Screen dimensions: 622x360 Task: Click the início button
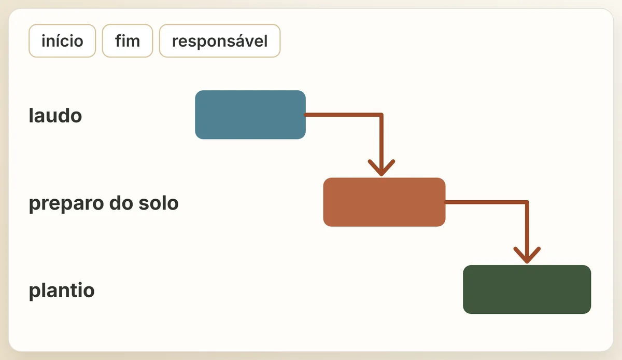62,41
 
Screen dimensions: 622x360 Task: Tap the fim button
128,41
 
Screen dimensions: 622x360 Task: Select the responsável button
220,41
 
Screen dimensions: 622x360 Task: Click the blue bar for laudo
250,115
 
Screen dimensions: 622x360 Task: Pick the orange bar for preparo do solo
384,202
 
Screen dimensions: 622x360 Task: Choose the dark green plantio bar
527,289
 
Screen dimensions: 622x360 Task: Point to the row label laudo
55,115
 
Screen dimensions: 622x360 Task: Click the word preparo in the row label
66,204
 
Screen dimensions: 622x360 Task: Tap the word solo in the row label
158,203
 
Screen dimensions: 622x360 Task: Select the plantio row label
62,291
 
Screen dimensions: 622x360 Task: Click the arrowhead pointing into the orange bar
381,168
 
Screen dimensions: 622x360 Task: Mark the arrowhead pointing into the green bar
527,255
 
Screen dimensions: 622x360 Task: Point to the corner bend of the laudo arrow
381,115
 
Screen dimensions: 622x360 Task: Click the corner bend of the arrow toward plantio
527,202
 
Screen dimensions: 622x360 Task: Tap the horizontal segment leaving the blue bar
343,115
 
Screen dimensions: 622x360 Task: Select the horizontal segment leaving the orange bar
486,202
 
